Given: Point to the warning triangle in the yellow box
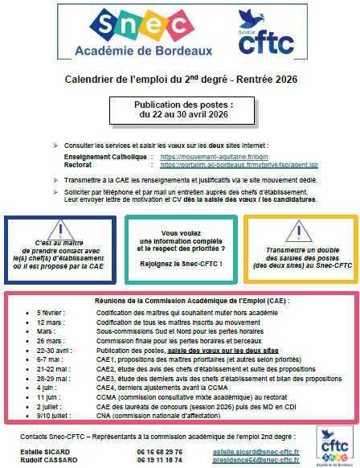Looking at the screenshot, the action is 298,229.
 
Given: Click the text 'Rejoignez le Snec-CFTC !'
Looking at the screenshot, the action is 180,263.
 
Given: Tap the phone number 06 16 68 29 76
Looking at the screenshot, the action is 160,451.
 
